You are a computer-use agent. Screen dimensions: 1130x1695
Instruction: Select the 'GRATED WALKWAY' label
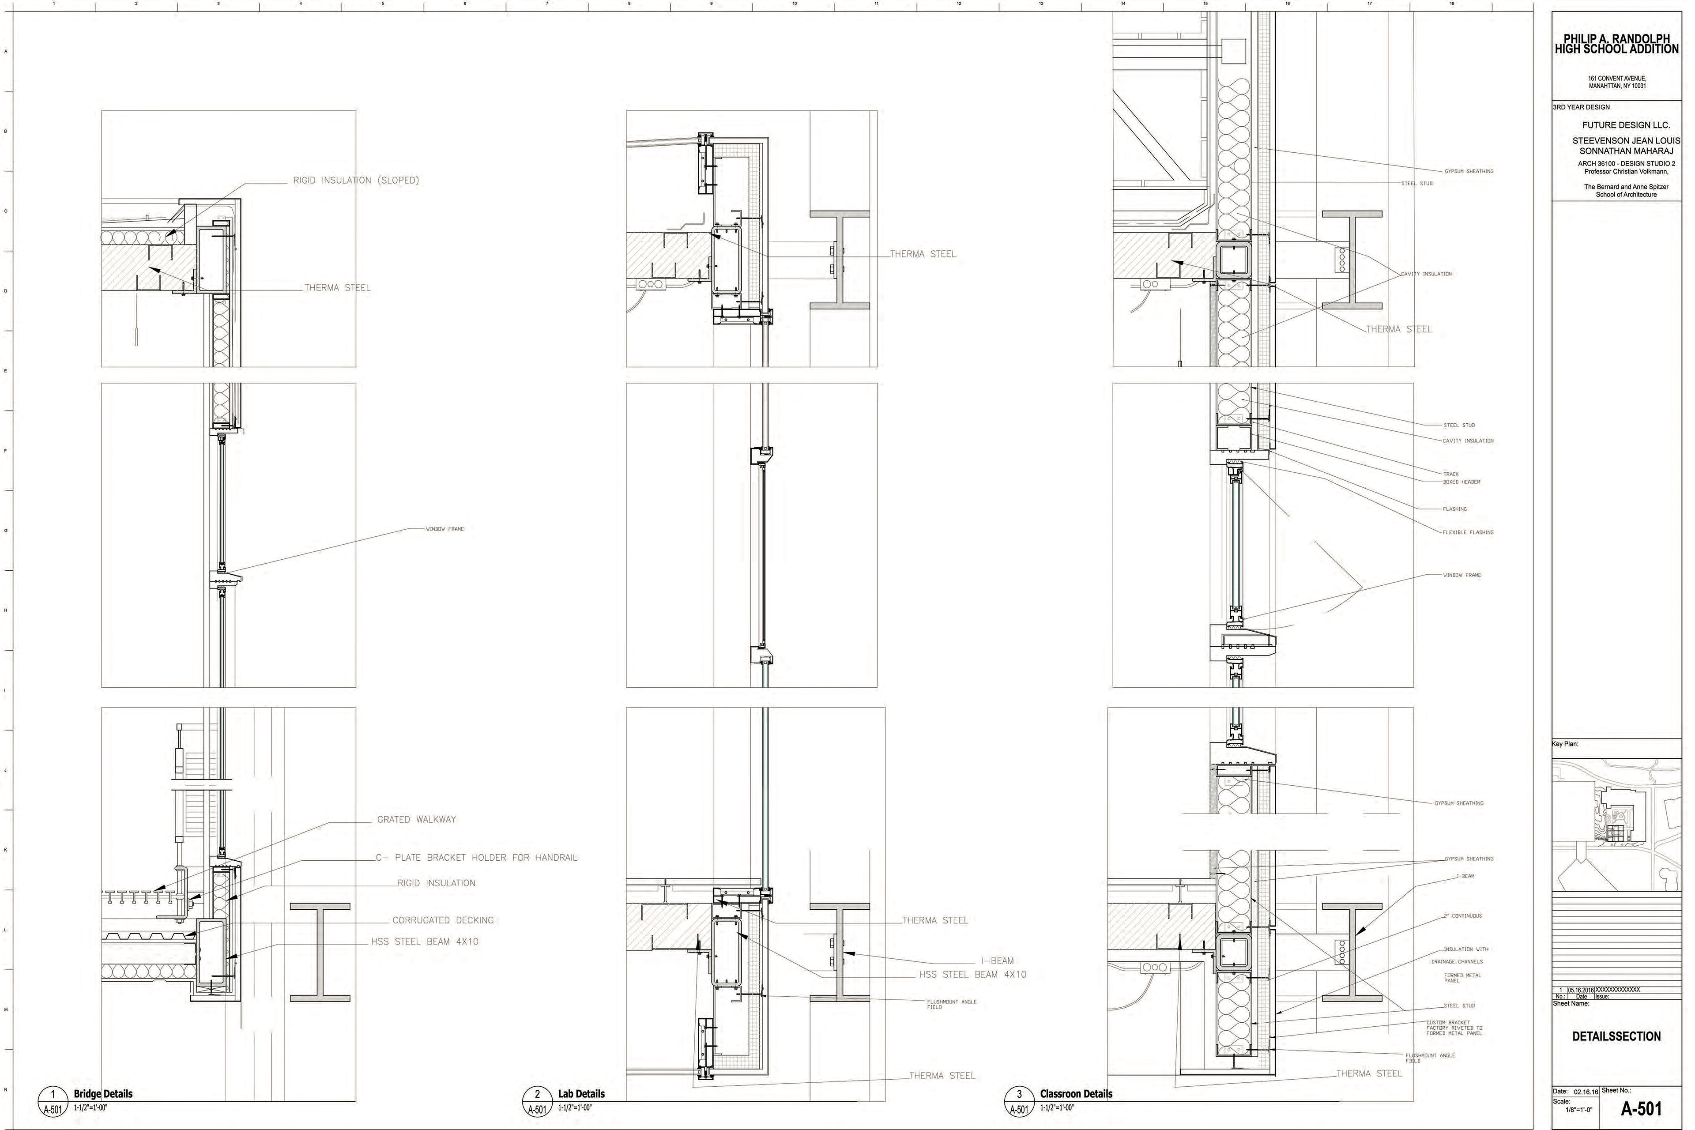tap(417, 819)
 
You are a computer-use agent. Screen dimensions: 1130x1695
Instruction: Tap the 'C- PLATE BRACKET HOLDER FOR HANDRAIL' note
tap(476, 858)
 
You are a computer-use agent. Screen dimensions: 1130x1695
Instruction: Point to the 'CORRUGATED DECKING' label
tap(442, 920)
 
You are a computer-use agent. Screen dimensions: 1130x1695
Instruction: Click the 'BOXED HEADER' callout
tap(1461, 482)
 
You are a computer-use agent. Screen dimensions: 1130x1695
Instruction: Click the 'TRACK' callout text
tap(1451, 474)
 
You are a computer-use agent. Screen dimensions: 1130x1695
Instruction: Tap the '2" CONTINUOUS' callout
tap(1462, 916)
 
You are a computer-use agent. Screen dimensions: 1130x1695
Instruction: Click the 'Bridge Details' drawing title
tap(103, 1093)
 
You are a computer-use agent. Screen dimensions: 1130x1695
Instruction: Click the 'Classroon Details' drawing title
tap(1076, 1093)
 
